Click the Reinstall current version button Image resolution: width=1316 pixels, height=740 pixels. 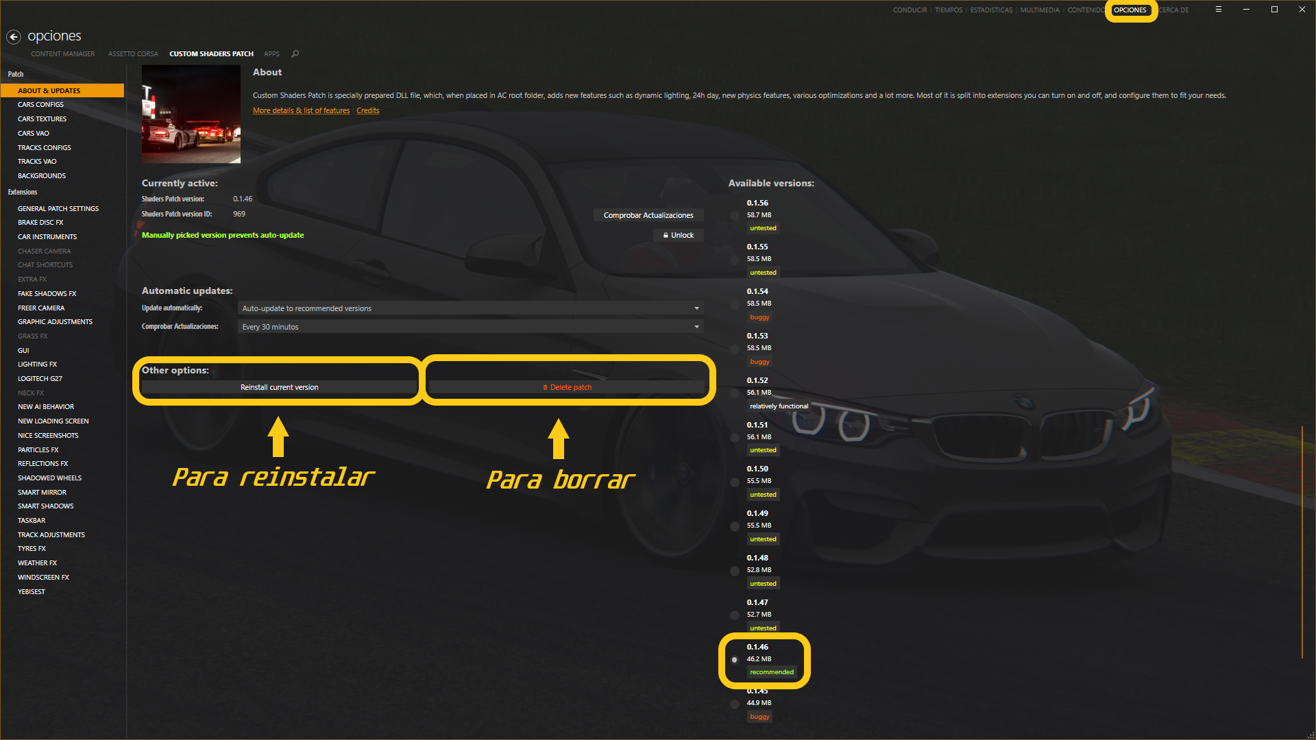pos(279,388)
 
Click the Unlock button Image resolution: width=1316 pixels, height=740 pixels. pos(678,236)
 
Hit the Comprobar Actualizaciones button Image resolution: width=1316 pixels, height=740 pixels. pos(648,216)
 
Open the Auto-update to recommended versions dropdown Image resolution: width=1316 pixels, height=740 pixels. pos(470,309)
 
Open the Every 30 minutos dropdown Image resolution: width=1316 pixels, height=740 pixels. pos(470,328)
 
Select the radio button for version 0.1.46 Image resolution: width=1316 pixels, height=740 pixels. pos(735,660)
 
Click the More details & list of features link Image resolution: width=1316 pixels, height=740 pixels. pos(301,111)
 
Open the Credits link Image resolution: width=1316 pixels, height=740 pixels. pos(367,111)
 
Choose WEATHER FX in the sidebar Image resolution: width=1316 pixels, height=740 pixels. pos(37,563)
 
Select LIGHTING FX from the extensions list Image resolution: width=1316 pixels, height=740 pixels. pos(37,365)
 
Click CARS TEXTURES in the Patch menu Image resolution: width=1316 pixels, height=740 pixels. pos(42,119)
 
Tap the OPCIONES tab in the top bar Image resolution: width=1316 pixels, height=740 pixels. pos(1130,10)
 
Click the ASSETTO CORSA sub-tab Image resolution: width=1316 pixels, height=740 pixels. pos(133,54)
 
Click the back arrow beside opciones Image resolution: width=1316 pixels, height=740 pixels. pos(14,37)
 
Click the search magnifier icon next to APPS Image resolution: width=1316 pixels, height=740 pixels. pos(295,54)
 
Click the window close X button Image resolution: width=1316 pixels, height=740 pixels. pos(1302,10)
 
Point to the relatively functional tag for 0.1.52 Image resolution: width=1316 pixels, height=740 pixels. pos(779,406)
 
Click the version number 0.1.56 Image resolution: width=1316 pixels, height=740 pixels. pos(757,203)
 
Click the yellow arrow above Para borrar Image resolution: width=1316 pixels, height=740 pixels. pos(559,439)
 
